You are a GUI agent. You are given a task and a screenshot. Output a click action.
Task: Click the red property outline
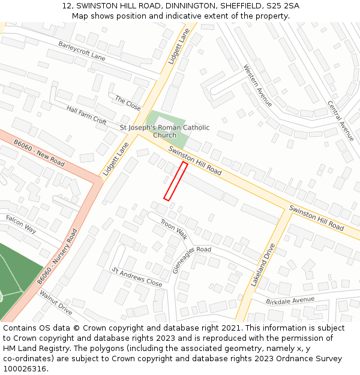(176, 181)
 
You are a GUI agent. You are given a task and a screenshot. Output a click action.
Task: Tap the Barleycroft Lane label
(82, 51)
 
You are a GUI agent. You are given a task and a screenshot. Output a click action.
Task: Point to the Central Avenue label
(341, 121)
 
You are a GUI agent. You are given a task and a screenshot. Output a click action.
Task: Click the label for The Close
(128, 103)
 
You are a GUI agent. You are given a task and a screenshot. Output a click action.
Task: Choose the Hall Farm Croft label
(87, 115)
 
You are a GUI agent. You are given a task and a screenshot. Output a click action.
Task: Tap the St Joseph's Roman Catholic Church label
(165, 131)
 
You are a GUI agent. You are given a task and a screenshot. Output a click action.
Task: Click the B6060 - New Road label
(39, 154)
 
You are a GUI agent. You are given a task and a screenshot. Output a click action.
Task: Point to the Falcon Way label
(21, 224)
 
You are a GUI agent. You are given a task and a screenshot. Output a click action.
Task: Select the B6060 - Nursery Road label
(57, 257)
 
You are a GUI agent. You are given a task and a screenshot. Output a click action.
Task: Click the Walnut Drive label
(56, 302)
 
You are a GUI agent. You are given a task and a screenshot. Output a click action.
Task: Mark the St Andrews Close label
(137, 277)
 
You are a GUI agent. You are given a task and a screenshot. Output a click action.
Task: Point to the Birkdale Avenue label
(290, 299)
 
